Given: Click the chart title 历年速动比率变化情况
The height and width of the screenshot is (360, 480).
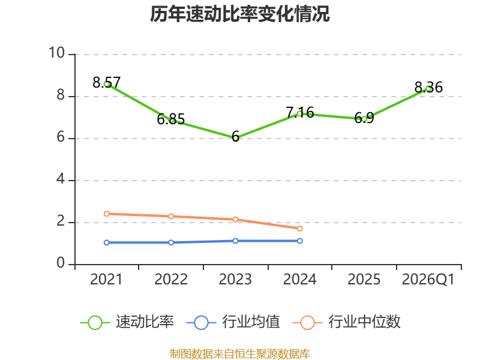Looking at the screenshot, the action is [x=239, y=14].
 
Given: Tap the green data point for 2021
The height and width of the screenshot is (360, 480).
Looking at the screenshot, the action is [x=107, y=84].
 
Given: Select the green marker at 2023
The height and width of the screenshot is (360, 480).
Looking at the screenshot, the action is [x=235, y=139].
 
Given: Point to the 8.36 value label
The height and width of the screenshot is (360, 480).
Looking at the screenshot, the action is [x=428, y=87].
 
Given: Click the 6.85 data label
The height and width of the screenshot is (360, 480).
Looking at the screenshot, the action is [x=171, y=119].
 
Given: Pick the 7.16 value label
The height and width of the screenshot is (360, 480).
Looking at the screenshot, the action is [x=300, y=113].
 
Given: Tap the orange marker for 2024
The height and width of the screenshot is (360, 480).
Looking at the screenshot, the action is [x=299, y=229].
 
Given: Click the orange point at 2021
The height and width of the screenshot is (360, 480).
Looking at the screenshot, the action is [x=107, y=214].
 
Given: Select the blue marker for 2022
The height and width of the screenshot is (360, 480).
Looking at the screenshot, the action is [x=171, y=242].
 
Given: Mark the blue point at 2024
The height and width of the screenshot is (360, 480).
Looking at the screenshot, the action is [x=299, y=241].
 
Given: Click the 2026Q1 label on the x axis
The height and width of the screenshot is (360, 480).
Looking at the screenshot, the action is [x=428, y=280].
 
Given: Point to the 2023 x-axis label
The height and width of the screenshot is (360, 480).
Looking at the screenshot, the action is [x=235, y=280].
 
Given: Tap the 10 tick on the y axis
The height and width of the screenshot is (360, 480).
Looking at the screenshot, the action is [x=57, y=53].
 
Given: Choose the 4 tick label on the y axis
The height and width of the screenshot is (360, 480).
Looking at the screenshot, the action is [x=61, y=179].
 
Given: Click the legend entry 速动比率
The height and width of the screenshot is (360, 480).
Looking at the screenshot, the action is [x=127, y=322].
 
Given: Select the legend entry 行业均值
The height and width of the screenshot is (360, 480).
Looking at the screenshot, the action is [x=233, y=322].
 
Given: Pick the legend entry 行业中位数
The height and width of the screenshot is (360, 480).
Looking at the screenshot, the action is [x=347, y=322].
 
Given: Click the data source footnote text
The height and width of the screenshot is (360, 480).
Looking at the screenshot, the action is [x=239, y=354].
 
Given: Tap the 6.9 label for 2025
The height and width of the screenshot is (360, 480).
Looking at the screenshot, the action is [x=364, y=118].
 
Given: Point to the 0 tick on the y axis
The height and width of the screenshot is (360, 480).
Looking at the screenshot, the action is [x=61, y=263].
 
